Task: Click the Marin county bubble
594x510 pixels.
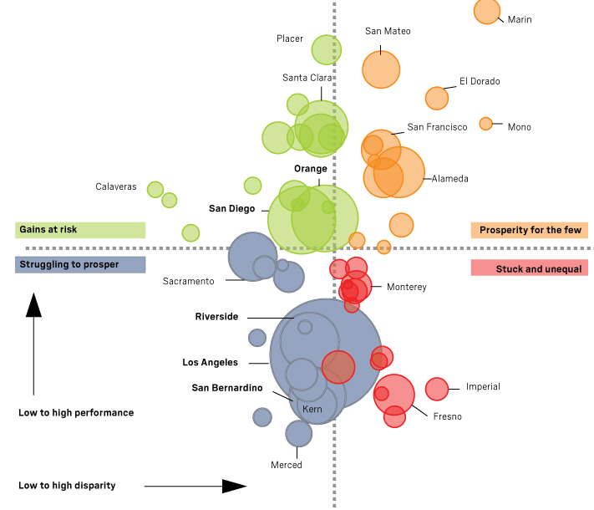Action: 487,12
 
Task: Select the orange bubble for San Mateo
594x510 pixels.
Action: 381,69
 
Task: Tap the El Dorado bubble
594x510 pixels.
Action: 437,98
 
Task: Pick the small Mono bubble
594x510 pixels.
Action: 485,124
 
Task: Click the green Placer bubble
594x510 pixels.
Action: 326,49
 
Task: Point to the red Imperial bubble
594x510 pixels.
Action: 437,389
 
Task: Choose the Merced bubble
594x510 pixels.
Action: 298,433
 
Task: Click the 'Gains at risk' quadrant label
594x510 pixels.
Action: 80,229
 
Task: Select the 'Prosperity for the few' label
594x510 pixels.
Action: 530,230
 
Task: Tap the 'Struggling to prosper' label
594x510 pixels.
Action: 80,265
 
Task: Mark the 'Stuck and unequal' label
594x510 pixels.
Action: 530,268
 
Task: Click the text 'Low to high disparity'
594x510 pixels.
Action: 67,486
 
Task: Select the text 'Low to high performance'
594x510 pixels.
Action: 76,413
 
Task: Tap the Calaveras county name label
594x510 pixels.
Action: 115,187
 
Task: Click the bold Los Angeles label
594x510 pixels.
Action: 211,363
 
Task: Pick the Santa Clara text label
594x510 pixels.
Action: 307,78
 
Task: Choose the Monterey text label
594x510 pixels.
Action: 407,288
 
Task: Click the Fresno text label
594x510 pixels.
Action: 447,416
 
